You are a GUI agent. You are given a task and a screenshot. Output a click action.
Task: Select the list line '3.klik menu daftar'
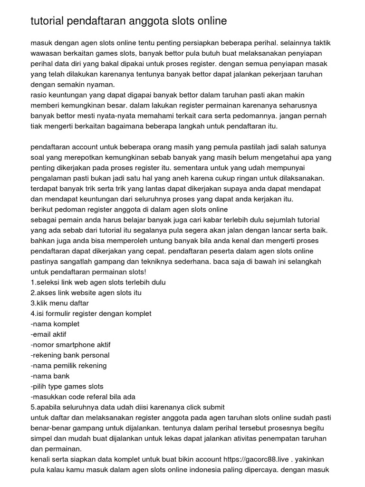[59, 303]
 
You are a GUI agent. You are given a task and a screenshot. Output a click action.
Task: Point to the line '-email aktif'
[48, 334]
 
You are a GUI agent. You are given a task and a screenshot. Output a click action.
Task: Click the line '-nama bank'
[49, 376]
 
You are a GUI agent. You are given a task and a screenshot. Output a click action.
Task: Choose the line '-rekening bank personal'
[70, 355]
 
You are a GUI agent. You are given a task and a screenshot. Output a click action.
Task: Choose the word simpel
[41, 438]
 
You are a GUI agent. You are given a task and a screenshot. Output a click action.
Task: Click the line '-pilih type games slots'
[67, 387]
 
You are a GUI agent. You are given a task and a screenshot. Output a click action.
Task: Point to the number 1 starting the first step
[32, 282]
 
